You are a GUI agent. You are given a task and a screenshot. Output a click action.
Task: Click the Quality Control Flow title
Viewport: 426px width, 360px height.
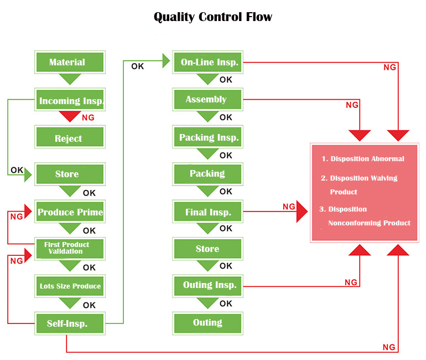(x=213, y=17)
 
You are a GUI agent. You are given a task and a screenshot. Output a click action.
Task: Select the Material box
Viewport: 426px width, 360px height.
(x=69, y=62)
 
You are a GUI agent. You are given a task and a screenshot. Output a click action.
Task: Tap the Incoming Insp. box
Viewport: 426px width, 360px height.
(x=69, y=101)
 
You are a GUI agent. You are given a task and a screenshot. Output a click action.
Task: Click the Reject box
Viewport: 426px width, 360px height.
(x=69, y=138)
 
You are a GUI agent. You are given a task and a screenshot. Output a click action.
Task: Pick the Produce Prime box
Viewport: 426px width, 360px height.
(x=69, y=212)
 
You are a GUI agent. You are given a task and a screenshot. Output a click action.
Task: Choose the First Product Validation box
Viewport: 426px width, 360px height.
(x=69, y=248)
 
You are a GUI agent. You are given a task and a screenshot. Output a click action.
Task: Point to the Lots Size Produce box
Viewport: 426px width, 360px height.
(x=69, y=286)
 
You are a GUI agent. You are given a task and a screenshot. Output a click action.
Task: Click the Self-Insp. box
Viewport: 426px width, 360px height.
(x=69, y=323)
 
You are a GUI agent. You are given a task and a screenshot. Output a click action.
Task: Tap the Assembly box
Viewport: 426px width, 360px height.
(x=208, y=99)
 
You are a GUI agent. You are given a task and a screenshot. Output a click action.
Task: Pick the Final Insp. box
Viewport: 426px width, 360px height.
(x=208, y=212)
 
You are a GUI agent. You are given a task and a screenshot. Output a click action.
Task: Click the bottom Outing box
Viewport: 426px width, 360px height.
(x=208, y=322)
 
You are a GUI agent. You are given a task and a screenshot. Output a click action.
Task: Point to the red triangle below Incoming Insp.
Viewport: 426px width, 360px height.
(x=70, y=116)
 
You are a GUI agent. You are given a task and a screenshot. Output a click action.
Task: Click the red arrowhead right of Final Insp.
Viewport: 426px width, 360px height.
(x=302, y=212)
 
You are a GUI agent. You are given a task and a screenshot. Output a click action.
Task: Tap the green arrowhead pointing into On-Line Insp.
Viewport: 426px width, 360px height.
(x=166, y=60)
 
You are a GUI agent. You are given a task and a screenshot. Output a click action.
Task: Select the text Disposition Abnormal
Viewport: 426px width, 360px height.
(x=367, y=159)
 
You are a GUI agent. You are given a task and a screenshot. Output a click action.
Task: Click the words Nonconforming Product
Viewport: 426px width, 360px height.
(x=369, y=223)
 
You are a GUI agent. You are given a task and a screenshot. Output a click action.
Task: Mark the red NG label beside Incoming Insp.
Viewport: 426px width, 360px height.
(x=88, y=118)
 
